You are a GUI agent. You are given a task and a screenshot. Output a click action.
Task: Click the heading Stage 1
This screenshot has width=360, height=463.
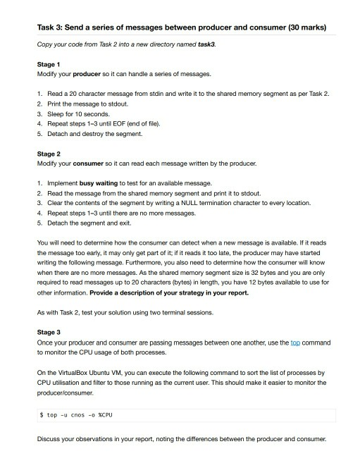pos(49,64)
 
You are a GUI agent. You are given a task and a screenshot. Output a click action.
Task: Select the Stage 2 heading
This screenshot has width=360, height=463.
pos(49,153)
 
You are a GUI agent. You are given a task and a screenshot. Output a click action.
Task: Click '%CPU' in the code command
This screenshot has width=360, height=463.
pos(105,415)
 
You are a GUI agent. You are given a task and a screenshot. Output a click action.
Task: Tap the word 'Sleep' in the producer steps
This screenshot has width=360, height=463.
pos(56,113)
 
